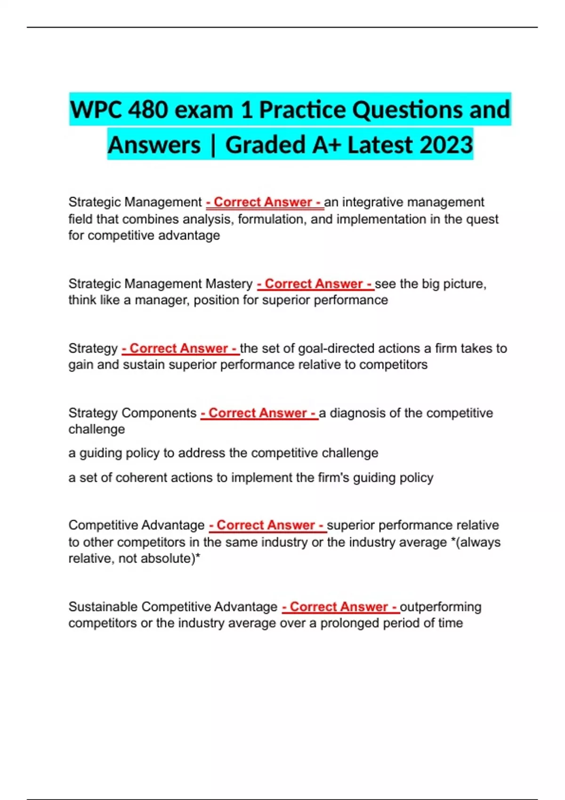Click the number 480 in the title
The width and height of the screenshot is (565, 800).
tap(148, 110)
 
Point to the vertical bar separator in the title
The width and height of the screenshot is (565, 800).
tap(213, 145)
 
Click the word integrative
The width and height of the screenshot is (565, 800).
tap(372, 202)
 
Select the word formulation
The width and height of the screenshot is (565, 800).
tap(271, 219)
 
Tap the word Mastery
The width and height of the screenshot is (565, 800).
tap(229, 284)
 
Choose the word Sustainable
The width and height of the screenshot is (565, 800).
tap(103, 607)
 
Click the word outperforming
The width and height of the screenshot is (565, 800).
tap(441, 607)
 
